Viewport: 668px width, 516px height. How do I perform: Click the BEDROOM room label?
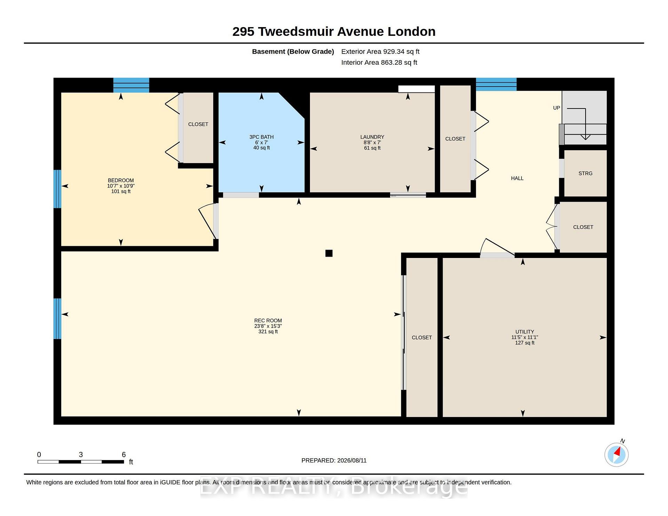pyautogui.click(x=121, y=180)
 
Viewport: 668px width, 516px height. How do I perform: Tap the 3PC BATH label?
pyautogui.click(x=261, y=137)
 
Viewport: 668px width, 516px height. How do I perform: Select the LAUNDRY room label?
pyautogui.click(x=372, y=137)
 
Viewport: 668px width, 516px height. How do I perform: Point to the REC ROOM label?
pyautogui.click(x=268, y=321)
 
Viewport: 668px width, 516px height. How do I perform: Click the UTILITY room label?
pyautogui.click(x=525, y=332)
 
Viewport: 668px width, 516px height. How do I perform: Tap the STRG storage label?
pyautogui.click(x=586, y=173)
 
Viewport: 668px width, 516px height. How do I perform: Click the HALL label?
pyautogui.click(x=517, y=178)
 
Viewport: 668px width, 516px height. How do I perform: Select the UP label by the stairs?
pyautogui.click(x=557, y=108)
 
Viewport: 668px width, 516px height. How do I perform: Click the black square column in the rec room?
pyautogui.click(x=329, y=253)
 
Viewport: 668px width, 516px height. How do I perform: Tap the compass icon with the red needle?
pyautogui.click(x=617, y=454)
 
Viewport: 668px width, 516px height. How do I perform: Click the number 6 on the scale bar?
pyautogui.click(x=124, y=454)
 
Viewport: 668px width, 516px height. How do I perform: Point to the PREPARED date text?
pyautogui.click(x=334, y=460)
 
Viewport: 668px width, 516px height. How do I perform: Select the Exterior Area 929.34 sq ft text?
pyautogui.click(x=380, y=51)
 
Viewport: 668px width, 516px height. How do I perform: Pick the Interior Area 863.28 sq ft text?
pyautogui.click(x=379, y=63)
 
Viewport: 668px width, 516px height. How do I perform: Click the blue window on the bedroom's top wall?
pyautogui.click(x=131, y=85)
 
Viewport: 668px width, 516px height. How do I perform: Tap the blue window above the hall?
pyautogui.click(x=496, y=84)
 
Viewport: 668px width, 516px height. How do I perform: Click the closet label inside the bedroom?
pyautogui.click(x=198, y=124)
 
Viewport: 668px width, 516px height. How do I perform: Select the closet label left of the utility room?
pyautogui.click(x=422, y=338)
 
